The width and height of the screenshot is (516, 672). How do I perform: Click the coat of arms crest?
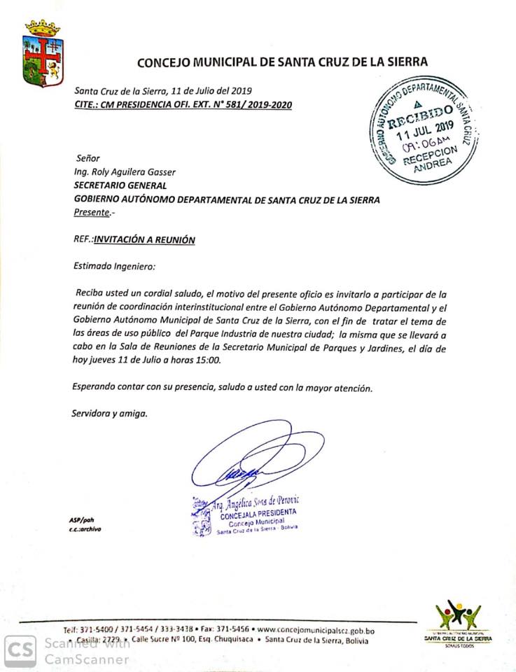click(43, 53)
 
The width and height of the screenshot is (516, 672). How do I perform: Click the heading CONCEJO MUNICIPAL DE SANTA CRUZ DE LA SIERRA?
click(281, 62)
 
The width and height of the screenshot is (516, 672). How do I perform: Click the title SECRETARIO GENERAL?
click(120, 185)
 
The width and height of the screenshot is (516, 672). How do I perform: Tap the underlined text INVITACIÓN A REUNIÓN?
click(145, 239)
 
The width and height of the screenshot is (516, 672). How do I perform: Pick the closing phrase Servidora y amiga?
click(109, 413)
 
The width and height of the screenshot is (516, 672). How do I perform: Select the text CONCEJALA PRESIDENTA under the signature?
click(253, 513)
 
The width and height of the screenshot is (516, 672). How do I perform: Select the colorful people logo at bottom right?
click(459, 616)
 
